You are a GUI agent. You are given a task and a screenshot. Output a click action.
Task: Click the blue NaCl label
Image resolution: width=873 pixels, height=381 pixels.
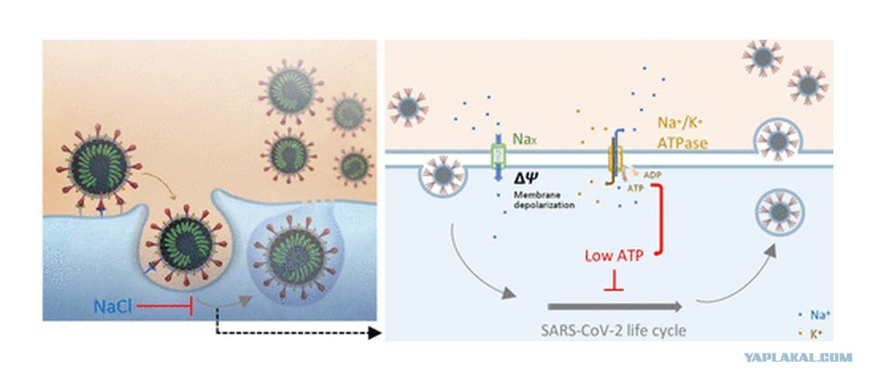tap(113, 306)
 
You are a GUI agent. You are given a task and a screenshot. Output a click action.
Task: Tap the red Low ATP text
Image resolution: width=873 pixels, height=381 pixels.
tap(614, 256)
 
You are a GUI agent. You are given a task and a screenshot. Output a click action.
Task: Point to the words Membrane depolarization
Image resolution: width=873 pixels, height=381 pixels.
tap(543, 200)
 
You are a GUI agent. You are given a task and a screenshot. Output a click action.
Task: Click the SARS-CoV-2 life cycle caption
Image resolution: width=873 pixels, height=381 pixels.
tap(613, 331)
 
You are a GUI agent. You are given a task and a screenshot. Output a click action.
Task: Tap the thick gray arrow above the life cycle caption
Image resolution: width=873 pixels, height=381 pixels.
tap(615, 306)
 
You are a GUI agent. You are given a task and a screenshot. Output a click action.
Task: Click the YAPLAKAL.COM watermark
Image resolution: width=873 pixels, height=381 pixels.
tap(798, 358)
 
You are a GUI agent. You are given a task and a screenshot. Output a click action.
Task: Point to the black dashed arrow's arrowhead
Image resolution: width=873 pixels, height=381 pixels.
tap(375, 333)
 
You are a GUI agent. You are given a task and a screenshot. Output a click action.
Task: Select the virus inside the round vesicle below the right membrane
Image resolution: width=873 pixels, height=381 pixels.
tap(779, 212)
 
